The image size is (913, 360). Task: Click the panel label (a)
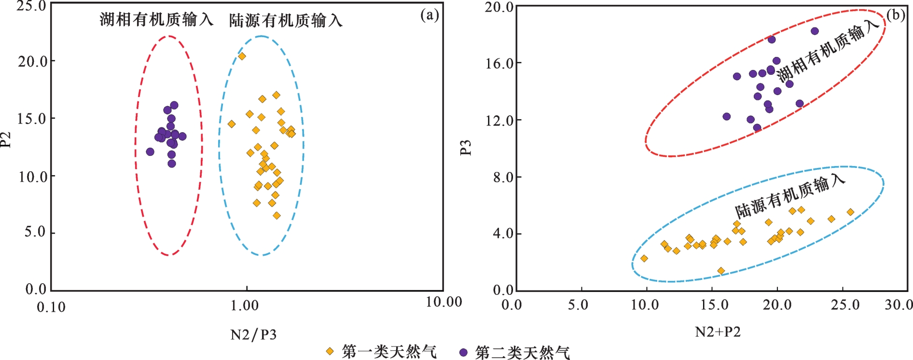tap(429, 15)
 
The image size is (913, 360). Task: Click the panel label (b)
tap(896, 15)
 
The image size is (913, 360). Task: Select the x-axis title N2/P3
tap(254, 334)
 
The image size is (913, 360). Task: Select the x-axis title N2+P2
tap(718, 332)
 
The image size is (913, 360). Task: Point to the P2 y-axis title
tap(6, 139)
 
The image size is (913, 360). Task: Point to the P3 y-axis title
tap(466, 147)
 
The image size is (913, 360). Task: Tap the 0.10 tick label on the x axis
tap(51, 307)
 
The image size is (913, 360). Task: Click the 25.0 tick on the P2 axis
tap(31, 6)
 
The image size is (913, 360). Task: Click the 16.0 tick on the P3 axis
tap(499, 63)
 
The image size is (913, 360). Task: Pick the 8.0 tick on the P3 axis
tap(503, 177)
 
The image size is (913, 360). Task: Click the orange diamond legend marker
tap(330, 351)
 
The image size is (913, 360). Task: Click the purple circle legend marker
tap(463, 352)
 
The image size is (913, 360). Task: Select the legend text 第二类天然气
tap(523, 352)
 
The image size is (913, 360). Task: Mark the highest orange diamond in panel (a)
tap(242, 56)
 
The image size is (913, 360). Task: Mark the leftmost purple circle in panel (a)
tap(150, 152)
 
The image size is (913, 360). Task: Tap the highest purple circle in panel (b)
tap(815, 31)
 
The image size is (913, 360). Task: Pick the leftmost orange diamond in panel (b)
tap(644, 259)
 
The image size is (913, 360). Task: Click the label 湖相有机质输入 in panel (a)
tap(156, 19)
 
